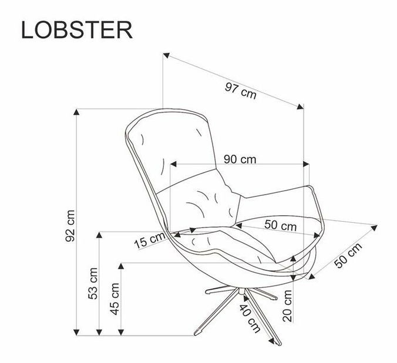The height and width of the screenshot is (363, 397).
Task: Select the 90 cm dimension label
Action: coord(240,159)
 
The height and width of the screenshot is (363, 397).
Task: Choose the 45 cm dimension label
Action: coord(115,299)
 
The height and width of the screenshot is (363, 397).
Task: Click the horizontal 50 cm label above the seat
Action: coord(280,225)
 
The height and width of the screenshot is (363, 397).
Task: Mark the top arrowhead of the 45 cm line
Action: coord(121,266)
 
